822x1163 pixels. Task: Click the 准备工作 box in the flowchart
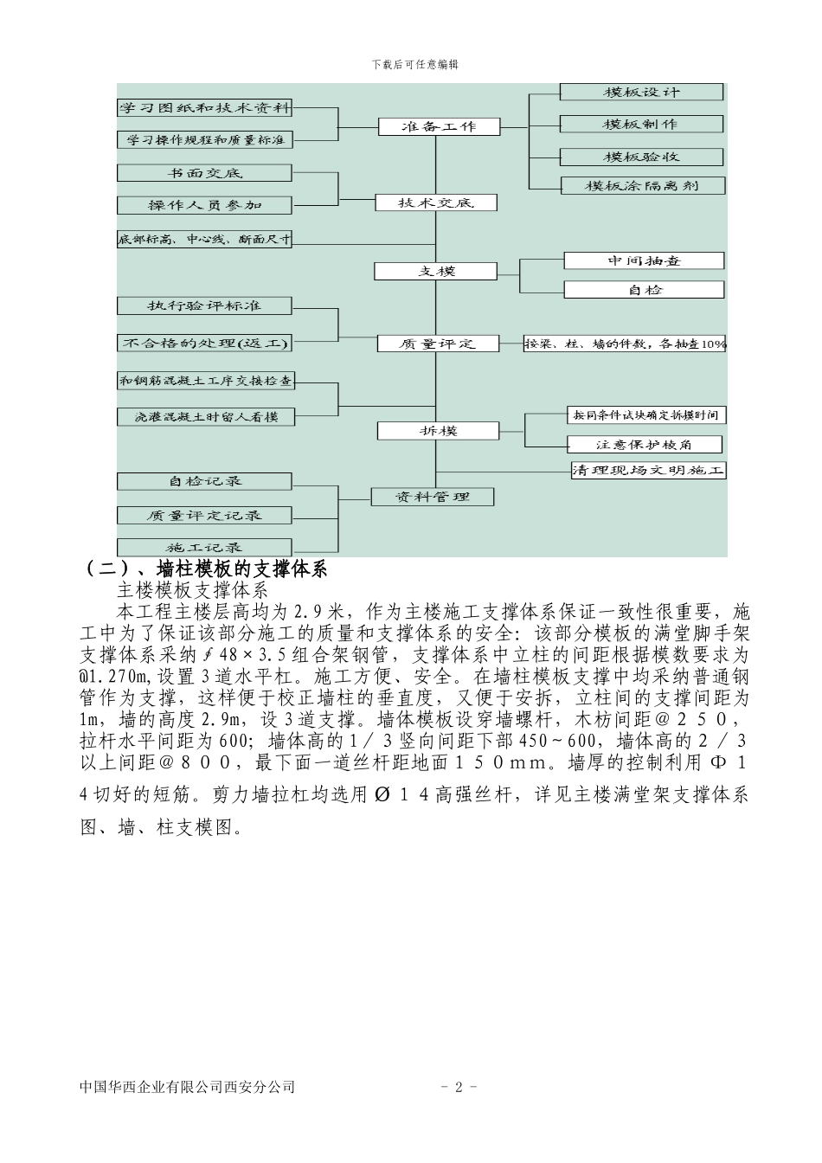[439, 126]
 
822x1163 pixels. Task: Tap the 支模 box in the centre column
[435, 271]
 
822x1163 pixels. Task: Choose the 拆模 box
[438, 430]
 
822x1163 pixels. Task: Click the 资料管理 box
[432, 497]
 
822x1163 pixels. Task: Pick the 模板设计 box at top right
[641, 92]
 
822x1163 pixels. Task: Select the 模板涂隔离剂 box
[642, 185]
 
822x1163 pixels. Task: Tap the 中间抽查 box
[644, 260]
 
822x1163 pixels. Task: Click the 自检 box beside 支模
[644, 290]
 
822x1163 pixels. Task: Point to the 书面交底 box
[205, 173]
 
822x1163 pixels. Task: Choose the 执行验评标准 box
[205, 305]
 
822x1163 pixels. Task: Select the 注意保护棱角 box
[645, 445]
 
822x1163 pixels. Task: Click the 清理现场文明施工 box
[648, 471]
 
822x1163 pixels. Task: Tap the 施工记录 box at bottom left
[205, 548]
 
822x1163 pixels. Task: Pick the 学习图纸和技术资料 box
[205, 108]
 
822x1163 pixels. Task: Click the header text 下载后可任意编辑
[414, 64]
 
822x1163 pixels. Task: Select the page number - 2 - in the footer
[459, 1087]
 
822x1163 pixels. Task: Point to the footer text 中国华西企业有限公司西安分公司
[187, 1087]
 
